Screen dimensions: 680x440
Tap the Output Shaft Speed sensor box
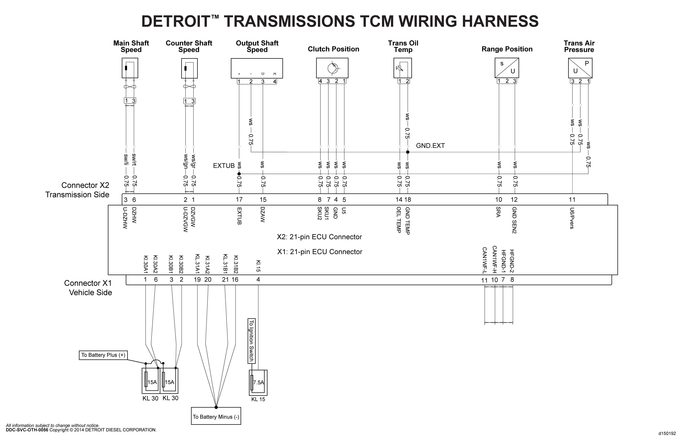[x=257, y=68]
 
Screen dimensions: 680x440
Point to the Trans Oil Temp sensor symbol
[x=403, y=68]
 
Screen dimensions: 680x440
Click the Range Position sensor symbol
[x=507, y=68]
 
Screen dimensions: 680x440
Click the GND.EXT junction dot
[x=408, y=152]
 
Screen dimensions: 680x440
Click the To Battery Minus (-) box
[x=216, y=417]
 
